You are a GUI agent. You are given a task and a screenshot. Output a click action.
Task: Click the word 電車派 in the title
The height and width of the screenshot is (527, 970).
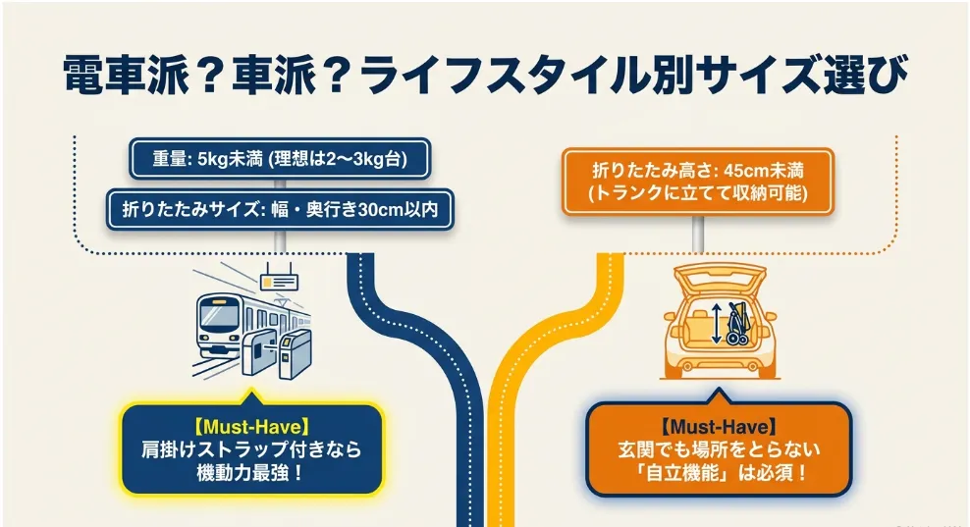tap(126, 76)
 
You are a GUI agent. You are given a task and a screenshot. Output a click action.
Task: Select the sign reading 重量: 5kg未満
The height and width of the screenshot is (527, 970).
tap(280, 159)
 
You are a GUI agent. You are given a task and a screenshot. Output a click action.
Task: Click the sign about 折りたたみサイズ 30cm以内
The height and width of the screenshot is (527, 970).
tap(280, 210)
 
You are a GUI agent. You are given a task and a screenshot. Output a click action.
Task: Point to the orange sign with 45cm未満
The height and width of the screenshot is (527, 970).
tap(698, 182)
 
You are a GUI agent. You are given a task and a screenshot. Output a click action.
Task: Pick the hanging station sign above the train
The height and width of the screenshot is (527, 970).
tap(279, 279)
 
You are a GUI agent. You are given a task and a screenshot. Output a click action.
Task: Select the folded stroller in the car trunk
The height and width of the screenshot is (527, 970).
tap(738, 324)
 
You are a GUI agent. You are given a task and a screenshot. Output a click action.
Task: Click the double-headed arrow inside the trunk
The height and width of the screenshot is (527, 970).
tap(716, 324)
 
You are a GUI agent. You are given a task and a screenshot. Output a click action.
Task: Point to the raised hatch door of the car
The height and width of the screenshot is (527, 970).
tap(720, 279)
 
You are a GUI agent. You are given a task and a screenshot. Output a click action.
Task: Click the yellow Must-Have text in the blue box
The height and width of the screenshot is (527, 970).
tap(251, 427)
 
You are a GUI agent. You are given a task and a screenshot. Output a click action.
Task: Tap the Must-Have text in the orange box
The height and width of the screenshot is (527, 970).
tap(719, 426)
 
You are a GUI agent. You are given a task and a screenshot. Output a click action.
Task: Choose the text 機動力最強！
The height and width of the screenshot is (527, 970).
tap(250, 473)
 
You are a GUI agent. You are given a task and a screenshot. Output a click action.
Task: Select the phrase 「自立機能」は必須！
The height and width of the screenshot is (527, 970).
tap(719, 473)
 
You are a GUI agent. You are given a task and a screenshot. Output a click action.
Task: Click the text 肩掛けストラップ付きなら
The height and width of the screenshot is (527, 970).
tap(251, 449)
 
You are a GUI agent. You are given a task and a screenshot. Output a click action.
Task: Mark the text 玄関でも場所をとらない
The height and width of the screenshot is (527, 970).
tap(719, 449)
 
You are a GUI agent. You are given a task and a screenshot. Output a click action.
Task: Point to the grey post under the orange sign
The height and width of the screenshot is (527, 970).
tap(698, 234)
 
